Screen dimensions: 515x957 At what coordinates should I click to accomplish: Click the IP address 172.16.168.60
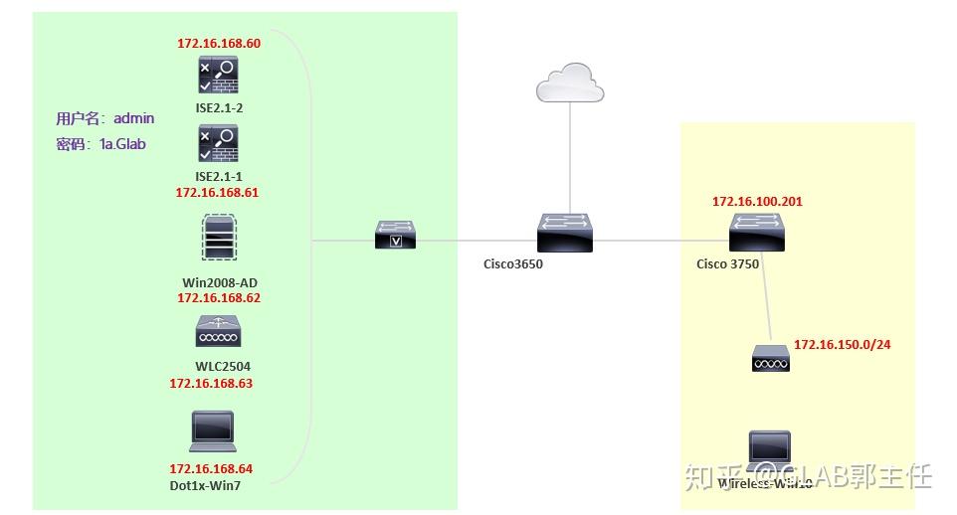(219, 44)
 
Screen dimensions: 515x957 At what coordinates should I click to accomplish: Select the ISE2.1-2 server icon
(219, 77)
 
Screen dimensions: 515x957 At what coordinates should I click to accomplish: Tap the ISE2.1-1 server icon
(219, 144)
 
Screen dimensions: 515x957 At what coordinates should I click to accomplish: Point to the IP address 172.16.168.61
(217, 193)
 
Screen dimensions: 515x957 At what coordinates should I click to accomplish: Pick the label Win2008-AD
(220, 282)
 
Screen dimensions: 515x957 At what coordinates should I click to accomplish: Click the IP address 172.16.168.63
(211, 383)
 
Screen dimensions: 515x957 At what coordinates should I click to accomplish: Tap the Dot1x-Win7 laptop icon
(212, 429)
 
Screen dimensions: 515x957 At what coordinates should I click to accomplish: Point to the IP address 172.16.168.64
(211, 469)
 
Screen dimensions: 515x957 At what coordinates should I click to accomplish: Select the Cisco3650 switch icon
(565, 233)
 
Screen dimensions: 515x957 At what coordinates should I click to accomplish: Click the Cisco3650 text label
(513, 264)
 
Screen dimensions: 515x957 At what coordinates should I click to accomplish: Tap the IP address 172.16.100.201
(757, 202)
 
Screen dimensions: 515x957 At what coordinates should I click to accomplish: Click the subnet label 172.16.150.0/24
(842, 345)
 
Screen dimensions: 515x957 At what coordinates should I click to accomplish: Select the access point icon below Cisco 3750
(770, 358)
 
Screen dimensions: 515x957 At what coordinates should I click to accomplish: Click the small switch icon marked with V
(396, 236)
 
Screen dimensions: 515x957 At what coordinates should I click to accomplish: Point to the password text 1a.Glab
(122, 144)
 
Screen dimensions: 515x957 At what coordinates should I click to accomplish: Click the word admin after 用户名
(134, 118)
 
